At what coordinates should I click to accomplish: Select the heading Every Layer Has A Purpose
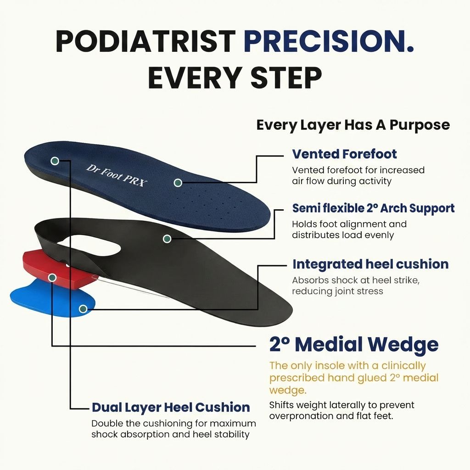point(353,125)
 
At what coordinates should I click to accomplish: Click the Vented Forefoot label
point(344,154)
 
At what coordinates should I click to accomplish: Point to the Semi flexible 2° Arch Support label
point(373,208)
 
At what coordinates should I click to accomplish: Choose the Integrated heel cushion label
point(370,264)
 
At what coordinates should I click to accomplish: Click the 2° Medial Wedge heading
point(353,344)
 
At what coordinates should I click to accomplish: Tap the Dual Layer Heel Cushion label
point(171,407)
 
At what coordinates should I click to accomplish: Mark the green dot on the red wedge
point(52,278)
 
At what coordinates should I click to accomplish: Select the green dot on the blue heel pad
point(83,309)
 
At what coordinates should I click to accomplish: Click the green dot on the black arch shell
point(167,239)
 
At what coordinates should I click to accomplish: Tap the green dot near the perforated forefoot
point(178,183)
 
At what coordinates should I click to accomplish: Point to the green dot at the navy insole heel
point(55,161)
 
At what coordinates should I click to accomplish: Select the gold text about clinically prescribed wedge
point(353,378)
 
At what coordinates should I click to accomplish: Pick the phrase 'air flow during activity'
point(341,181)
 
